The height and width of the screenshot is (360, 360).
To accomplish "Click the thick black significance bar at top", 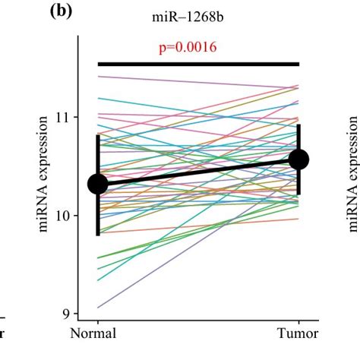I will tap(198, 64).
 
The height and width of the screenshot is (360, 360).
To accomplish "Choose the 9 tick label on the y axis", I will tap(73, 314).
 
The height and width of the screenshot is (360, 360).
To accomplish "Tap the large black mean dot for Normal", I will tap(97, 184).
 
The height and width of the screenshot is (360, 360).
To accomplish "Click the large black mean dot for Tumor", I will tap(299, 159).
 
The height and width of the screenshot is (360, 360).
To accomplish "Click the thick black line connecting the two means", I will tap(198, 172).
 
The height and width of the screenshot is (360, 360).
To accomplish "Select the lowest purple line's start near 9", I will tap(98, 308).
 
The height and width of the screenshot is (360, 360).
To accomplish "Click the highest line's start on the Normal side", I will tap(98, 75).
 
